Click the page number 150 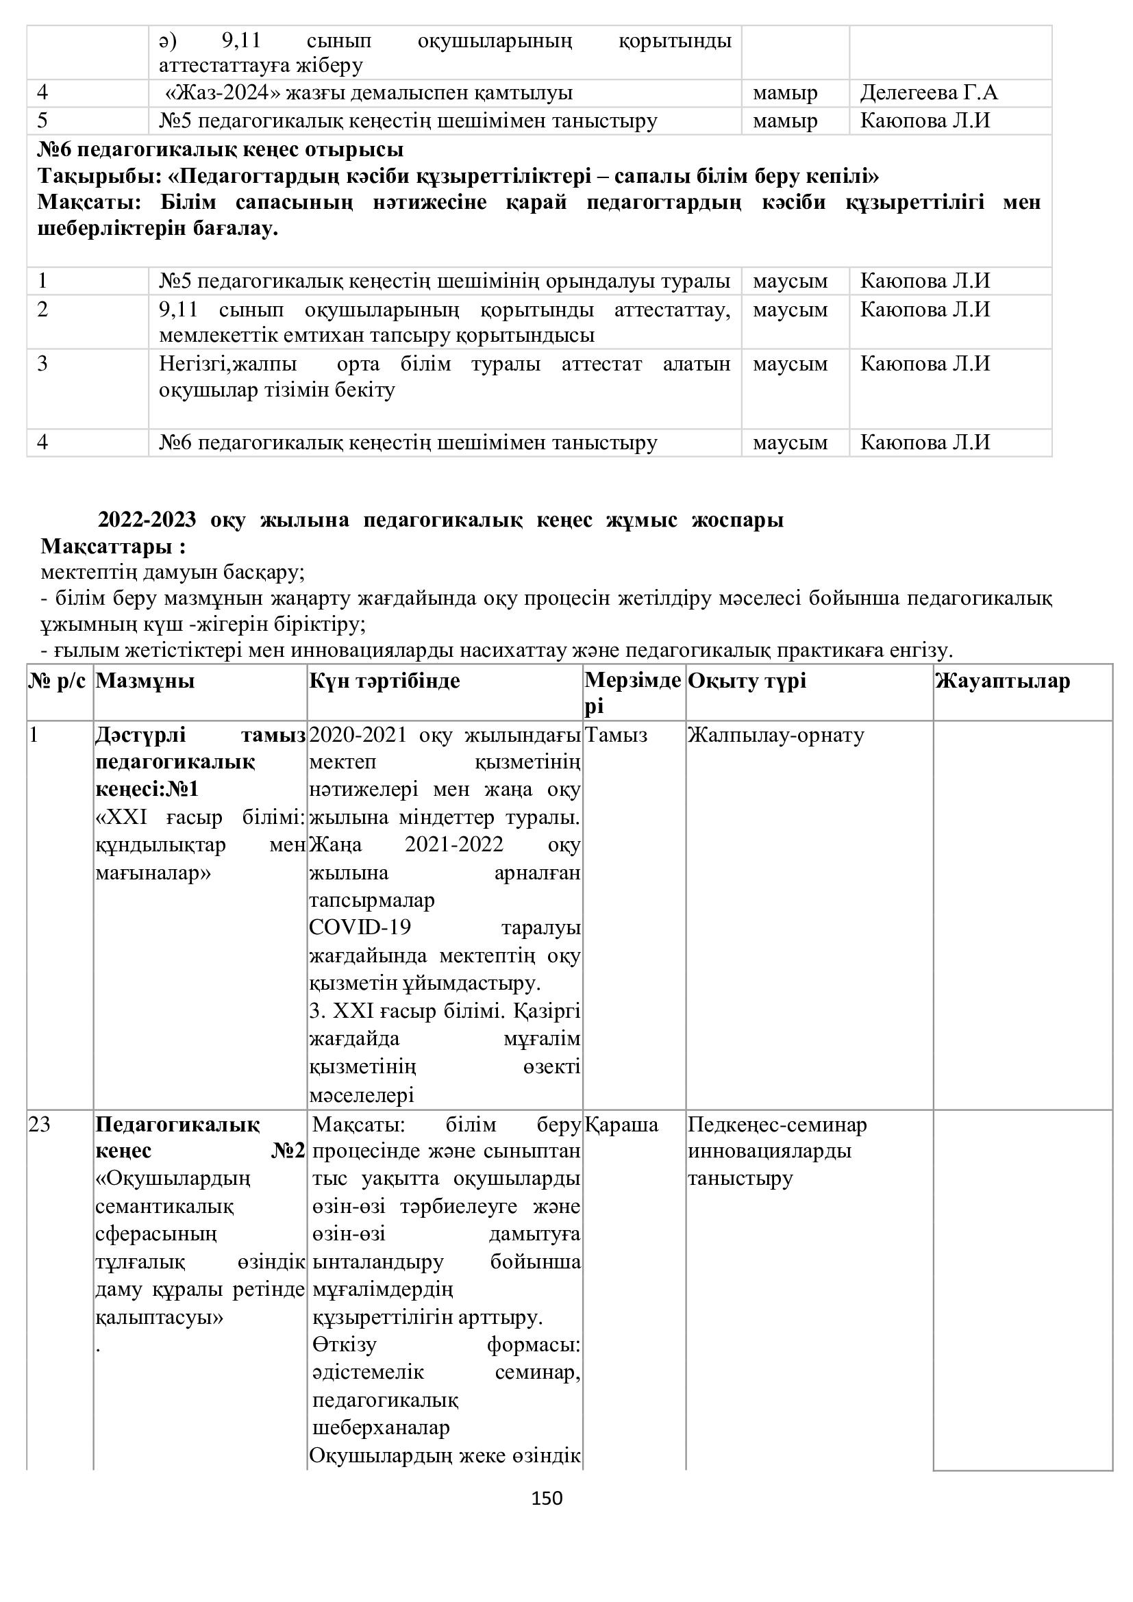point(546,1497)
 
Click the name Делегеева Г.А point(929,92)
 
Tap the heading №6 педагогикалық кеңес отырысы point(221,149)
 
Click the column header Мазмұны point(145,680)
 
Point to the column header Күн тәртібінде point(384,680)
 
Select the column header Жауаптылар point(1003,680)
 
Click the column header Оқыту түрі point(747,680)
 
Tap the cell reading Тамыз point(616,735)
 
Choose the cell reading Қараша point(621,1124)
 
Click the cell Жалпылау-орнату point(776,735)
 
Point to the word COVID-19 point(360,927)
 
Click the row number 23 point(40,1124)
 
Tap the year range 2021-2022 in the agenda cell point(454,844)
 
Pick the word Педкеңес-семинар point(777,1124)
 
